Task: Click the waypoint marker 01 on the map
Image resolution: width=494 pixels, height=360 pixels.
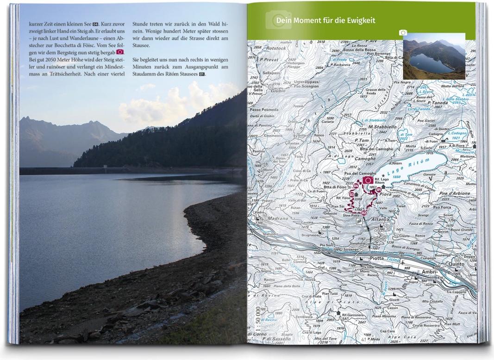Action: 378,190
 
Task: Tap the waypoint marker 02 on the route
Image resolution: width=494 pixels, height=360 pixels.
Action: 364,213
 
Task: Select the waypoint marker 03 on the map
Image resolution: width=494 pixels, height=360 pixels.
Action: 352,196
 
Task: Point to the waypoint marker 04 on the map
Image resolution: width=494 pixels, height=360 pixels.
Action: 356,186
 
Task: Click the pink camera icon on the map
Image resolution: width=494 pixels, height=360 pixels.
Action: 369,180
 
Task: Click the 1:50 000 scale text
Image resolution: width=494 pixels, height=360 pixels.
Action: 258,320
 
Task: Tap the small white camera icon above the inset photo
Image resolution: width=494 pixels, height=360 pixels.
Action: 403,33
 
